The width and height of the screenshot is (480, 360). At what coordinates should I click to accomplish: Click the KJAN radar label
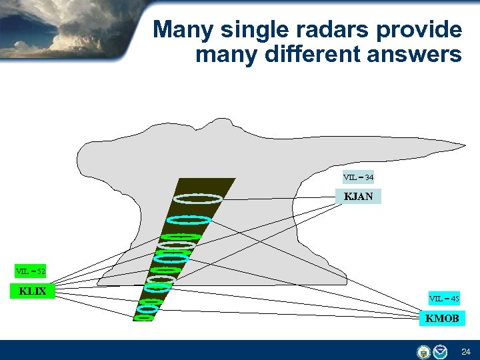click(x=358, y=197)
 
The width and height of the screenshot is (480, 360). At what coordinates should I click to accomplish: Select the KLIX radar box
click(x=33, y=291)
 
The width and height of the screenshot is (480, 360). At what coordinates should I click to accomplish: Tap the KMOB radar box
click(x=442, y=319)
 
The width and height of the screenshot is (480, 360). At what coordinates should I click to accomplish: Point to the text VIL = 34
click(x=358, y=177)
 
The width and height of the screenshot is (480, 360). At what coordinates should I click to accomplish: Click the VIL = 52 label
click(x=31, y=271)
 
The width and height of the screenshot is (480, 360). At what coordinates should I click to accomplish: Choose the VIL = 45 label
click(x=444, y=299)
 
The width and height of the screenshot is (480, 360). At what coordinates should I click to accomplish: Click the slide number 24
click(x=466, y=351)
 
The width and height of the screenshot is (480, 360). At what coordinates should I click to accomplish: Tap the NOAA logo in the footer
click(x=441, y=351)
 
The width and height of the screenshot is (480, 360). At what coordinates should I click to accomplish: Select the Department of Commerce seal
click(x=423, y=351)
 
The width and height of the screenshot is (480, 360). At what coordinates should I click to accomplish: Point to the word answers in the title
click(x=413, y=55)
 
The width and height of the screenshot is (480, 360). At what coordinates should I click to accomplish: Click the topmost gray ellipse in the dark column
click(x=197, y=198)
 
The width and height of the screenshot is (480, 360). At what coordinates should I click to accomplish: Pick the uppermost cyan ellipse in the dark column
click(x=189, y=219)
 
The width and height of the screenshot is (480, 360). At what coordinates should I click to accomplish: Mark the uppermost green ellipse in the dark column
click(x=182, y=236)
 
